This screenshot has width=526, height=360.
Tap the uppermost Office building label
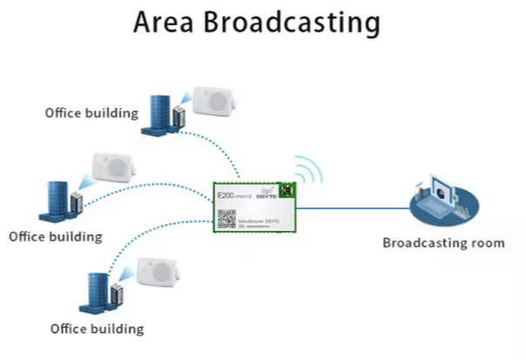92,113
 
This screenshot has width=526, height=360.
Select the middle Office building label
56,236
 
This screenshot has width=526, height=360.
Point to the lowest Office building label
97,329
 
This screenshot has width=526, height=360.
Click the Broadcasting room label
443,242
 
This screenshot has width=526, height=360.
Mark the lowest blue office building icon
101,295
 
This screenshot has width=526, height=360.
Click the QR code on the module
226,219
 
